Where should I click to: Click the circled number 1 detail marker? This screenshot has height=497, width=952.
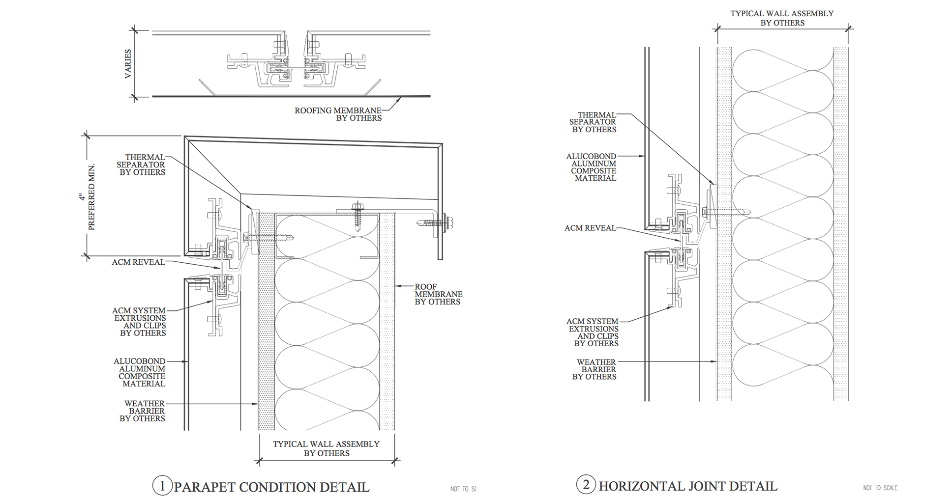point(162,485)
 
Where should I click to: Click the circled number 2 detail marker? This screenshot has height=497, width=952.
point(586,485)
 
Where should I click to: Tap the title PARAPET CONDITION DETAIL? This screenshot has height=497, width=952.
point(271,487)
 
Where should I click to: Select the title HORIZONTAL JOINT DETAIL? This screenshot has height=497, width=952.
point(688,486)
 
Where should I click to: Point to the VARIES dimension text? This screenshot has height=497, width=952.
point(128,64)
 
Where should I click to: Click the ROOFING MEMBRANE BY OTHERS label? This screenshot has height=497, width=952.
point(338,114)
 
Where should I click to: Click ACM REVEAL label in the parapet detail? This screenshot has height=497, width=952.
point(138,262)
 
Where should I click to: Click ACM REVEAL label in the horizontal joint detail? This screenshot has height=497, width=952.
point(590,228)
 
